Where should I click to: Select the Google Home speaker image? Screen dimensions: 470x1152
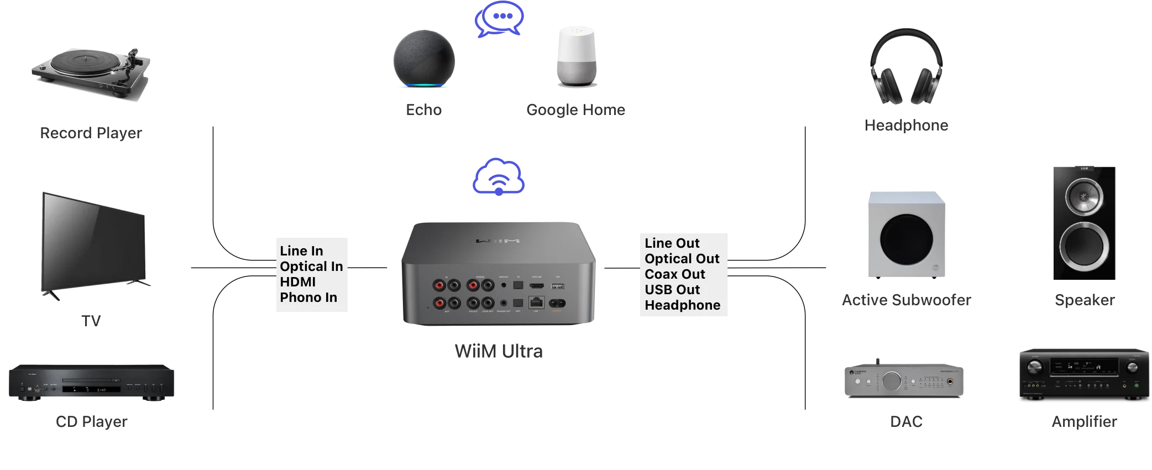576,56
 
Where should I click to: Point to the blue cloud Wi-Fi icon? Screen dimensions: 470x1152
499,177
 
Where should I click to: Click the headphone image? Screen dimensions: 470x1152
906,67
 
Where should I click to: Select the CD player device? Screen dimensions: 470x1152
91,382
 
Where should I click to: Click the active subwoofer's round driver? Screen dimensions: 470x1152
906,239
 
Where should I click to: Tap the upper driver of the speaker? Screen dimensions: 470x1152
1084,196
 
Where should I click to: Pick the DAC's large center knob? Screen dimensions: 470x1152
891,381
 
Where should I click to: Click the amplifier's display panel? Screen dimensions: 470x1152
1083,367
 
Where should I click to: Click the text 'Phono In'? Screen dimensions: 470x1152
308,297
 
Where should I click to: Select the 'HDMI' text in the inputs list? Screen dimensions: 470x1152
297,282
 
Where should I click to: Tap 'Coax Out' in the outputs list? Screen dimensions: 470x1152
674,274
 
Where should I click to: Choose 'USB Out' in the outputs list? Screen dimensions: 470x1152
672,290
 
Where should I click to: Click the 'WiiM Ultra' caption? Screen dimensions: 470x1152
499,351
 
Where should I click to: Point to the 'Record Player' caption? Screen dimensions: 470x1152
91,133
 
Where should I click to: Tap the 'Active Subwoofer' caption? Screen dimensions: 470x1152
906,300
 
